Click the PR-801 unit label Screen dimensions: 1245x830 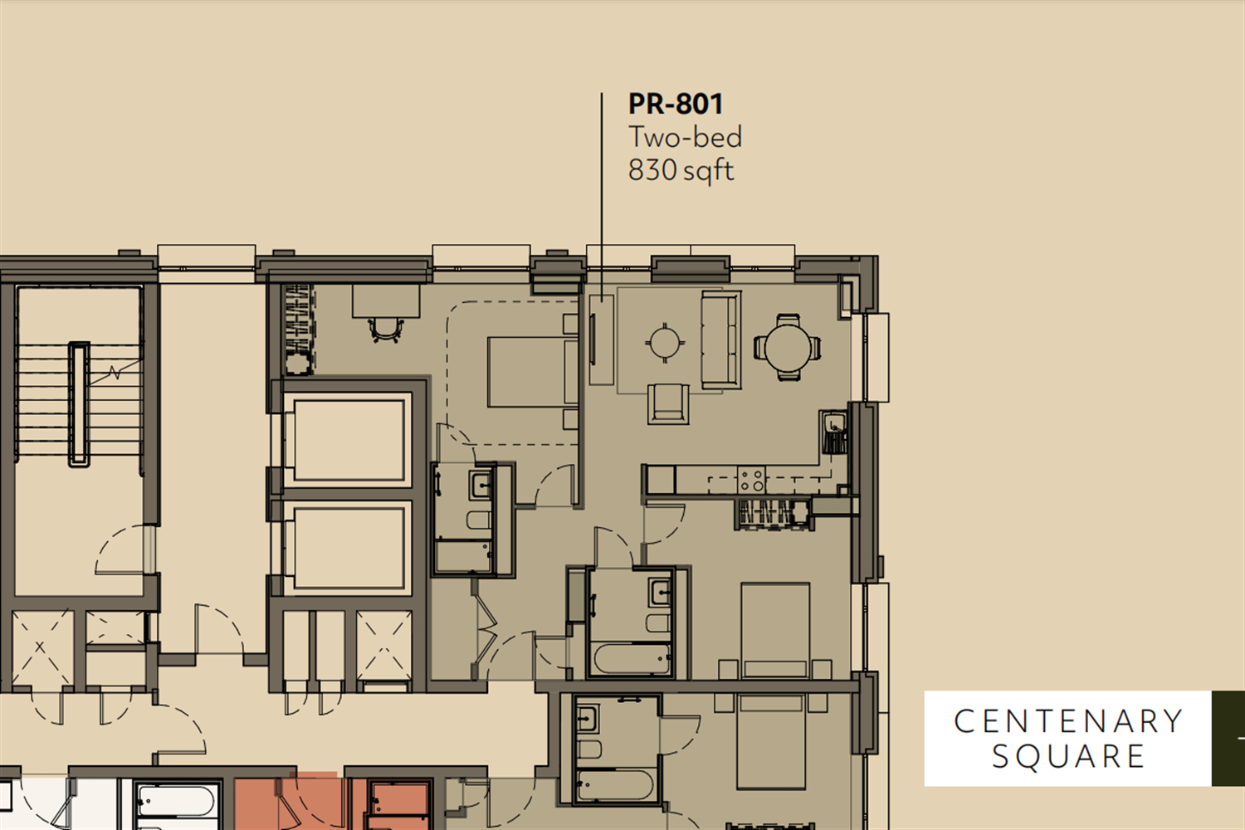[x=676, y=104]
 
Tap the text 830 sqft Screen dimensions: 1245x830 [x=681, y=170]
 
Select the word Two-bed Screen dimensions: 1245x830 [x=685, y=137]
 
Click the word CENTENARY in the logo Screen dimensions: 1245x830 [x=1067, y=721]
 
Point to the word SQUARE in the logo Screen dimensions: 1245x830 [x=1068, y=757]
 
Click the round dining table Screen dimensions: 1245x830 [x=788, y=348]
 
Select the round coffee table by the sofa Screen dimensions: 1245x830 [x=665, y=343]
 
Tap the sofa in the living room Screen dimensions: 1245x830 [x=721, y=339]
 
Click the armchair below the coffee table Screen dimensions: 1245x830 [x=668, y=403]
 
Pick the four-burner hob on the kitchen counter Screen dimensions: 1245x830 [x=751, y=480]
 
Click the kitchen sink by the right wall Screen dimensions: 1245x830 [x=833, y=424]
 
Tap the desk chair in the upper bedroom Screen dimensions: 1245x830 [x=386, y=330]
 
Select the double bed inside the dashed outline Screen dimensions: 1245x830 [x=533, y=372]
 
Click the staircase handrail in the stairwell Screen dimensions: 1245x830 [x=79, y=404]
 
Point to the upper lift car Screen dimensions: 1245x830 [x=349, y=440]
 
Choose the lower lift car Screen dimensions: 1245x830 [x=349, y=548]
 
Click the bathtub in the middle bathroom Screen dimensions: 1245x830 [x=632, y=659]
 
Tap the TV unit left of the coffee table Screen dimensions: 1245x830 [x=602, y=339]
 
